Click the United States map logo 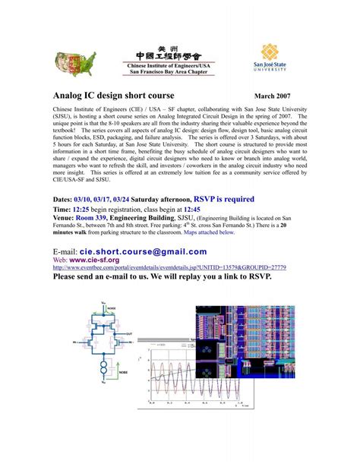(x=74, y=63)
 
